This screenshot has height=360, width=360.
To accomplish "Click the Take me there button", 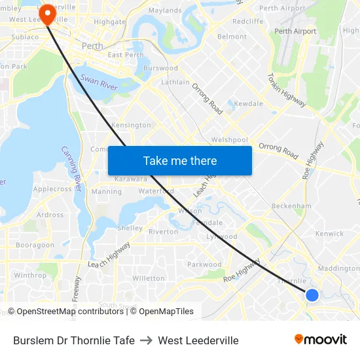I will (180, 161).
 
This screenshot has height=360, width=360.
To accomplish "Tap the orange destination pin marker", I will (48, 13).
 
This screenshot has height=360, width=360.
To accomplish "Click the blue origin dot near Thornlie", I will (312, 295).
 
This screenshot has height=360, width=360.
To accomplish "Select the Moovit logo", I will (321, 340).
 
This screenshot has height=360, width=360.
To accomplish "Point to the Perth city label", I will (92, 46).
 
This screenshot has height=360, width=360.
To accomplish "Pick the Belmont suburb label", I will (232, 37).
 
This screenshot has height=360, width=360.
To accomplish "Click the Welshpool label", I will (230, 139).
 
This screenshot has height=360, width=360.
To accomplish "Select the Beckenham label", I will (292, 206).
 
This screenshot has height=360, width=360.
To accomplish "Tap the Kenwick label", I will (329, 234).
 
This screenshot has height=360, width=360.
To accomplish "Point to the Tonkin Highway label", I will (287, 85).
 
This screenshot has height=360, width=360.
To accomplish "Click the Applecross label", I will (52, 189).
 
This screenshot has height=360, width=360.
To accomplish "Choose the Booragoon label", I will (35, 245).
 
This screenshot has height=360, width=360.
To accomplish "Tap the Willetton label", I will (149, 278).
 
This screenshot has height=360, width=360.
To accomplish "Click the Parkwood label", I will (205, 265).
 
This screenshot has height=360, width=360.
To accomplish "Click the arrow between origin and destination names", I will (146, 340).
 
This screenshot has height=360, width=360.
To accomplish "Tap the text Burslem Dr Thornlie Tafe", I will (74, 340).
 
